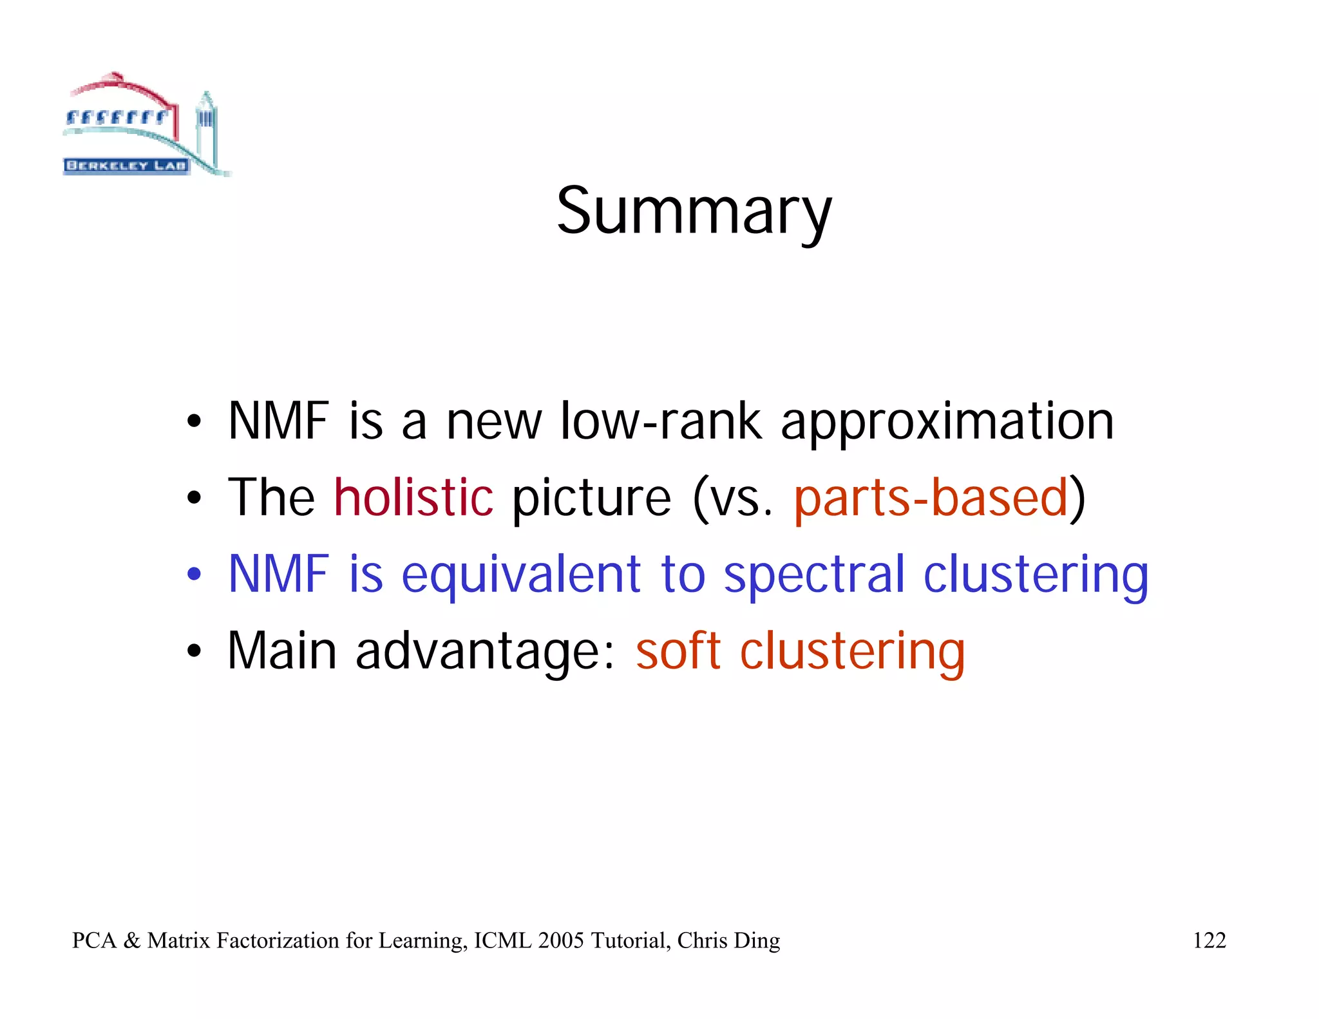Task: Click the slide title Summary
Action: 694,211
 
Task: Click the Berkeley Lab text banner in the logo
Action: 126,166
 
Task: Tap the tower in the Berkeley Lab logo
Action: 206,126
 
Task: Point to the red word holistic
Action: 413,497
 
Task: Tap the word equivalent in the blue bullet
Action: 521,575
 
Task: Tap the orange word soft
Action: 678,651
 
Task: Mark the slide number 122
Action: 1209,940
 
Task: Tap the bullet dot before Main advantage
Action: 194,651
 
